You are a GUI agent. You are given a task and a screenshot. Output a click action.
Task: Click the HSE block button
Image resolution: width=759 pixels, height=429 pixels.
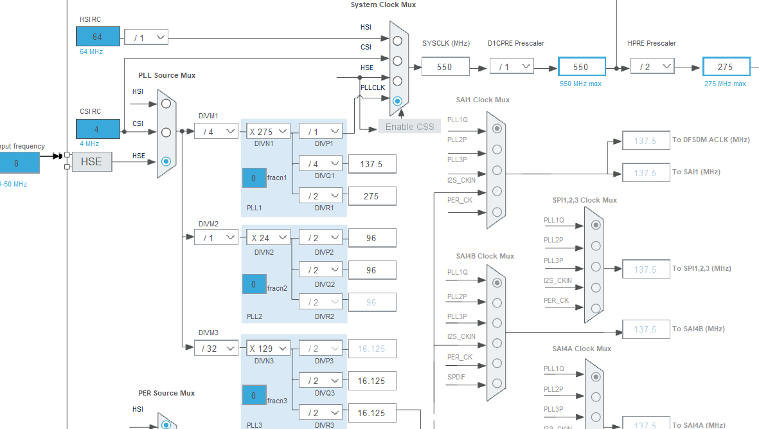[x=91, y=161]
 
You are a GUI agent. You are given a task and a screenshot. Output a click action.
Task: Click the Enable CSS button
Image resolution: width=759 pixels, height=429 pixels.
[x=409, y=127]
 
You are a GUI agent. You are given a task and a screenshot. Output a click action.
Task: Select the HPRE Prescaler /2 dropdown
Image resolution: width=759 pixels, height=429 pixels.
[x=652, y=66]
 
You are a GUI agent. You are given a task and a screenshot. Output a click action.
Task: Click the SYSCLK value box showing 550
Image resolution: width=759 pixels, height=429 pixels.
[x=445, y=66]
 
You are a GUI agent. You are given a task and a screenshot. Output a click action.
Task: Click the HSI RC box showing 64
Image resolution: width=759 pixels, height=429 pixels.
[x=98, y=37]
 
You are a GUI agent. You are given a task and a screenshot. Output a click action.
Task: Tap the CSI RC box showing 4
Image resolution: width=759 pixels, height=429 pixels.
[x=98, y=129]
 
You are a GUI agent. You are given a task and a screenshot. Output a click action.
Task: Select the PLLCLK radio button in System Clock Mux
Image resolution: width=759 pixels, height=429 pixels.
[x=397, y=101]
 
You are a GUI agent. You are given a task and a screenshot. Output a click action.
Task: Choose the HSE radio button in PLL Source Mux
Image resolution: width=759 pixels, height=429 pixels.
[x=166, y=161]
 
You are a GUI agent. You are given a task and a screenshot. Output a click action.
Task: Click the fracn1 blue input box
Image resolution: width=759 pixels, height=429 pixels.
[x=254, y=178]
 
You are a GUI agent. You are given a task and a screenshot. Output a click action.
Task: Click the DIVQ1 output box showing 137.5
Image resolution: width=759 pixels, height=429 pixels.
[x=371, y=164]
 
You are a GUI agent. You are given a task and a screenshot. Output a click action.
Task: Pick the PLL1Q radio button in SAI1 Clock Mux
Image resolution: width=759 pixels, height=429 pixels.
[x=496, y=128]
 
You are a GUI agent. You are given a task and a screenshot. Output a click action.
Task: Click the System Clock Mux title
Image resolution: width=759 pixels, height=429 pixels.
[x=383, y=5]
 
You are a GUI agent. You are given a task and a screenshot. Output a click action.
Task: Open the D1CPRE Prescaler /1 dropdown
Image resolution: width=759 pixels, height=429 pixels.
[x=512, y=66]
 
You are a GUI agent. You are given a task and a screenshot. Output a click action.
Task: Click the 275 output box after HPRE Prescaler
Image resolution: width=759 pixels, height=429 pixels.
[x=726, y=67]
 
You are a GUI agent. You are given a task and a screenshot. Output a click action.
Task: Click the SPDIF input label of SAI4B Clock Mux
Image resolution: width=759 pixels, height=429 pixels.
[x=456, y=378]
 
